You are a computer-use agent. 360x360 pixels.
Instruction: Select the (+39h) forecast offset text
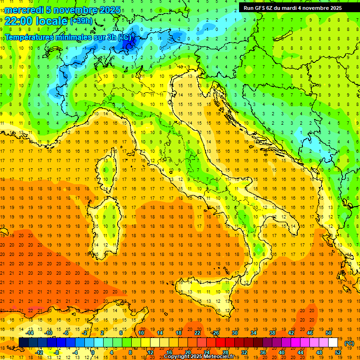click(x=81, y=21)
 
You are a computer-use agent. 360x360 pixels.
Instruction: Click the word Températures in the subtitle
click(x=30, y=37)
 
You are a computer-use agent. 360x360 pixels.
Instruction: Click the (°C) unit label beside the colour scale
click(x=349, y=343)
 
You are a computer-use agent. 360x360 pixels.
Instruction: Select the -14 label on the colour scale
click(x=29, y=332)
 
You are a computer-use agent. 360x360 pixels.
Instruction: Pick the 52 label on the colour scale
click(x=338, y=352)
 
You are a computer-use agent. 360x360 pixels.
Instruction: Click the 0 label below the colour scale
click(x=93, y=352)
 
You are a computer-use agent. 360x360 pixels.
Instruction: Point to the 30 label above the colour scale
click(x=234, y=332)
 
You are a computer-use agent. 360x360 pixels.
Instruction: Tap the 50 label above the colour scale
click(x=328, y=332)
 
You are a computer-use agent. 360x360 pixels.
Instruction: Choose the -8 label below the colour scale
click(x=57, y=352)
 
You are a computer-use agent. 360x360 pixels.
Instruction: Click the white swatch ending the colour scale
click(x=333, y=343)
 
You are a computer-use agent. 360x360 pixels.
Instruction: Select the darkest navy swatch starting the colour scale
click(x=23, y=343)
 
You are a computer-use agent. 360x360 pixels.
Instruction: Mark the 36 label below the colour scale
click(x=263, y=352)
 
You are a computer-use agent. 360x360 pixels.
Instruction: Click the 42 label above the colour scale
click(x=291, y=332)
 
